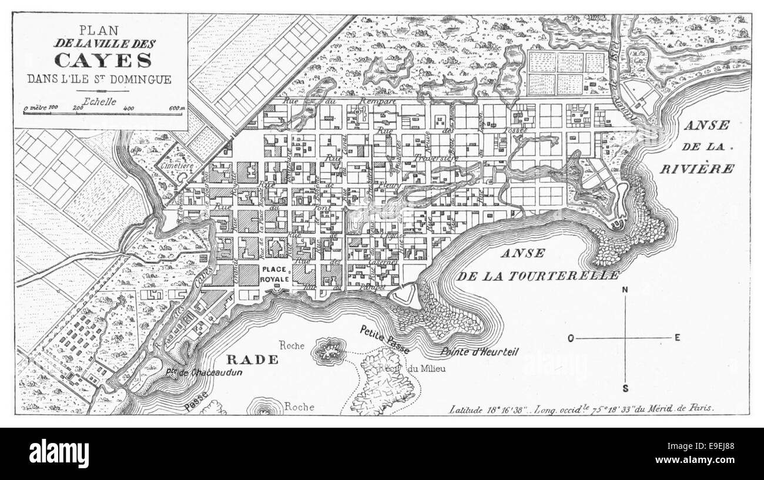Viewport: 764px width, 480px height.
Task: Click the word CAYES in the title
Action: tap(103, 60)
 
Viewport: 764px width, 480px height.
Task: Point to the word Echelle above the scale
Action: tap(100, 100)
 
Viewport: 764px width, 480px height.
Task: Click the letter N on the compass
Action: tap(625, 289)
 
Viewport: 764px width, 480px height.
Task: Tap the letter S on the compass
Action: tap(625, 388)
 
